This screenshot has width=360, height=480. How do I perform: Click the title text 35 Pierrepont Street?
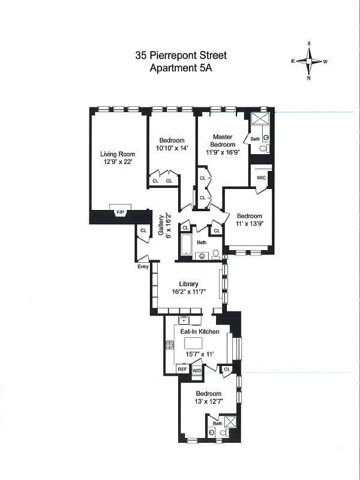click(x=180, y=56)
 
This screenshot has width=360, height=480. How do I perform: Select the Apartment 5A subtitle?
click(x=180, y=68)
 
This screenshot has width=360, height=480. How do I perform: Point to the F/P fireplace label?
click(x=120, y=212)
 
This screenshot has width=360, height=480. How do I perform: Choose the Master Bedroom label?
click(x=221, y=140)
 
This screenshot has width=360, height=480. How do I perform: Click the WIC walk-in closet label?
click(x=261, y=178)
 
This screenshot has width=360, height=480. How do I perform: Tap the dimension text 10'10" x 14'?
click(x=172, y=148)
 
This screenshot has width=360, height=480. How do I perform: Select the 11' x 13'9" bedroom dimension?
click(x=249, y=224)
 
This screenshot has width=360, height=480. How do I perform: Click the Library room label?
click(x=188, y=284)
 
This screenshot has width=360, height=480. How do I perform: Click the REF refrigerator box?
click(x=182, y=370)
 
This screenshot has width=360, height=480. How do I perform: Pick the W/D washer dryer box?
click(x=197, y=370)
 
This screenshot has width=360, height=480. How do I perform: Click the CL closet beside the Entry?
click(x=143, y=230)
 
